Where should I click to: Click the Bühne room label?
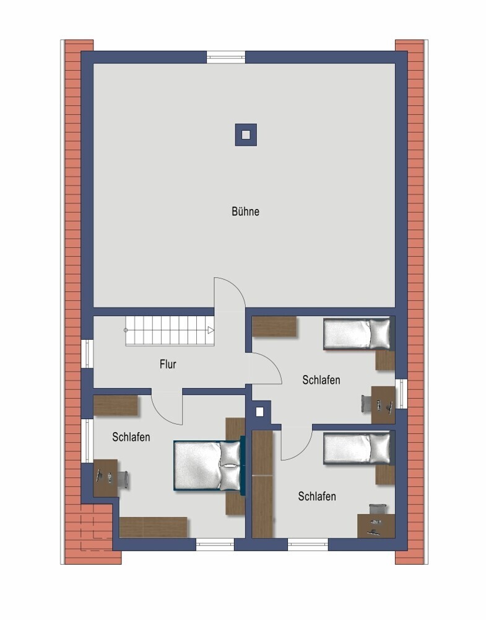(x=245, y=211)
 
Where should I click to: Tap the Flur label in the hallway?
(x=168, y=364)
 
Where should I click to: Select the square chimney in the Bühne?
(x=246, y=135)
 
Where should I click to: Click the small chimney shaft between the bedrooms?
(x=259, y=412)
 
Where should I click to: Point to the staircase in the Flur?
(x=170, y=330)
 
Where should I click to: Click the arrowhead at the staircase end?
(x=211, y=330)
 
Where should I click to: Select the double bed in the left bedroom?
(x=207, y=466)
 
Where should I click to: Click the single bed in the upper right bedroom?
(x=357, y=334)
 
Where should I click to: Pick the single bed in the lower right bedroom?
(x=357, y=449)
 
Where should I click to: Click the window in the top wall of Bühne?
(x=226, y=57)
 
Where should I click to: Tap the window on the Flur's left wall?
(x=87, y=353)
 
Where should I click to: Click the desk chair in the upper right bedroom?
(x=367, y=404)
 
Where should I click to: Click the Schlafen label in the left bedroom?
(x=131, y=437)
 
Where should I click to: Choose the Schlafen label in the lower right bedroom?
(x=317, y=496)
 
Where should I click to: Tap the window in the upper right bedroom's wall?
(x=401, y=394)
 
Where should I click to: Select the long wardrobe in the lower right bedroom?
(x=263, y=484)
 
